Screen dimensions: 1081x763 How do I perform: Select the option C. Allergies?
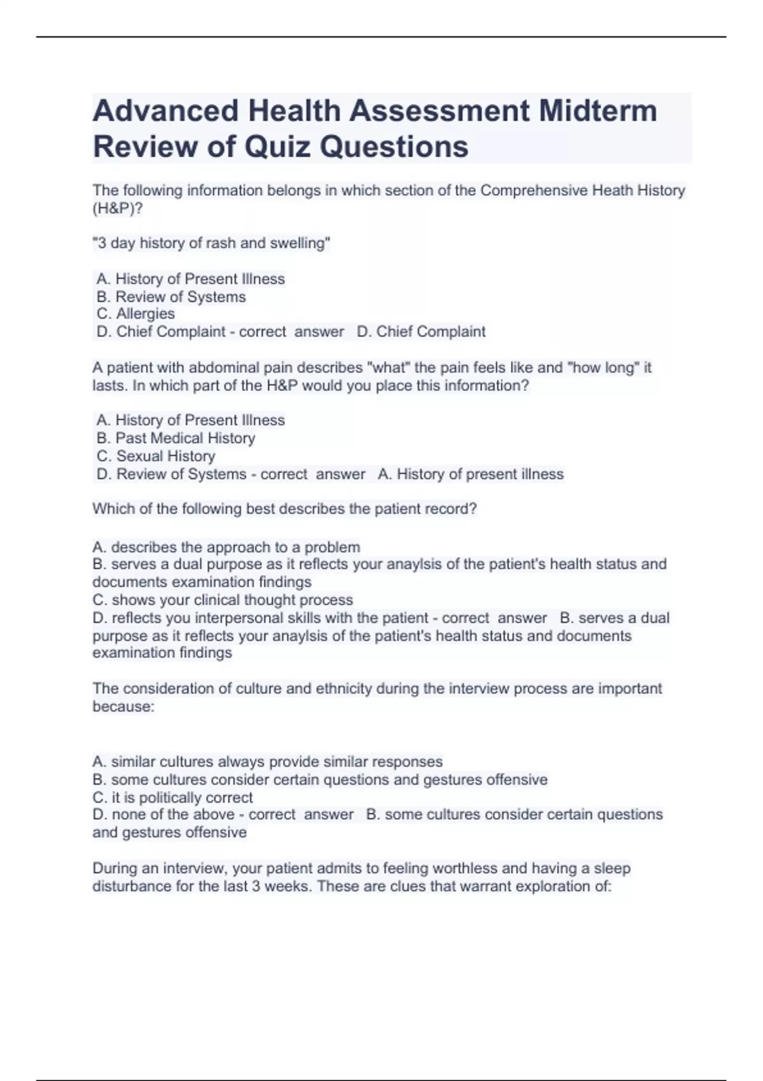point(135,313)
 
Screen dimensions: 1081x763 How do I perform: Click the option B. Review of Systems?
point(171,296)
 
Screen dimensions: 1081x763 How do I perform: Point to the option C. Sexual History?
point(156,456)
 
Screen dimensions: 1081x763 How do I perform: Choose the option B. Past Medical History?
point(175,438)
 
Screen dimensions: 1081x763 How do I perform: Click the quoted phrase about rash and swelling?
point(211,243)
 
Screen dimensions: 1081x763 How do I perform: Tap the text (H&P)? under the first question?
point(118,208)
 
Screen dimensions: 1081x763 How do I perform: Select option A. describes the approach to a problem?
point(226,547)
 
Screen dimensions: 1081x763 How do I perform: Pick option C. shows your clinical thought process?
point(223,600)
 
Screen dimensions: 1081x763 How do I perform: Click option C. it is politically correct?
point(172,797)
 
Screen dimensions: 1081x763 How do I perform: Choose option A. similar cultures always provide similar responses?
point(267,762)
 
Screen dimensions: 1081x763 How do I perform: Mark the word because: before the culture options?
point(123,706)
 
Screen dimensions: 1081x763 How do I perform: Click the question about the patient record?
point(284,509)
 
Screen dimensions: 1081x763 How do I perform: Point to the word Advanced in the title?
point(165,111)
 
